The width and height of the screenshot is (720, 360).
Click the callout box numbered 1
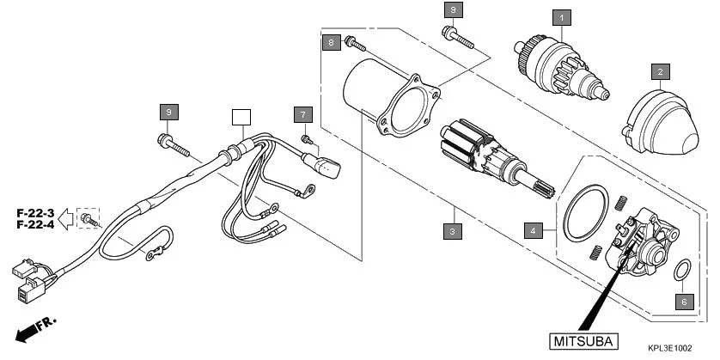pos(562,16)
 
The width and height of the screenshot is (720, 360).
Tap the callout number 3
pos(451,230)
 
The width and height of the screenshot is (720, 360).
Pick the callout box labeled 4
pos(534,230)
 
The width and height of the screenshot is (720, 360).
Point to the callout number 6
pos(684,302)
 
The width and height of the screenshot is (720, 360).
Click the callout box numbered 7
pos(302,113)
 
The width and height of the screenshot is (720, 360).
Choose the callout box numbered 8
pos(330,41)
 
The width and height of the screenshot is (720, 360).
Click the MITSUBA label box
pos(582,341)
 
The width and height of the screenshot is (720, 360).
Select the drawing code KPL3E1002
pos(670,348)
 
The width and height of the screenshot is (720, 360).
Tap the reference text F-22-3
pos(35,212)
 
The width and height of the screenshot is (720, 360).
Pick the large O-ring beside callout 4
pos(583,211)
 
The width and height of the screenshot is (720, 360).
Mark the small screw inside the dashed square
pos(88,219)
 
